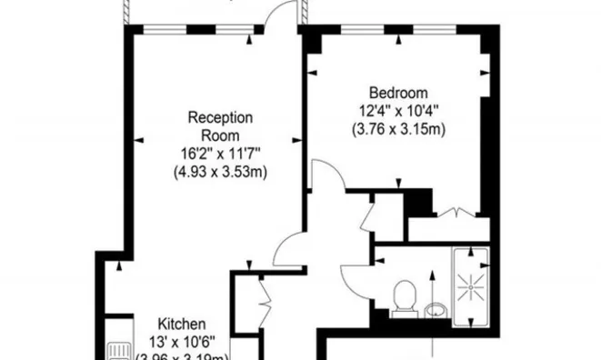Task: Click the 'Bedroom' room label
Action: [x=397, y=92]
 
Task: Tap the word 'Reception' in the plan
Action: [x=219, y=117]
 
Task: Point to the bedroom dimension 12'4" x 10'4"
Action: [x=397, y=111]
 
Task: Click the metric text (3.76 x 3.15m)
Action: [x=397, y=129]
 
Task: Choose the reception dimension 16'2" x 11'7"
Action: [x=219, y=153]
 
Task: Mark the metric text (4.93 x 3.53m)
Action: [x=219, y=171]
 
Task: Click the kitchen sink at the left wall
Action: [x=115, y=348]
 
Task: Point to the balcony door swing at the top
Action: [x=286, y=13]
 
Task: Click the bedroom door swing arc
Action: [x=326, y=175]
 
